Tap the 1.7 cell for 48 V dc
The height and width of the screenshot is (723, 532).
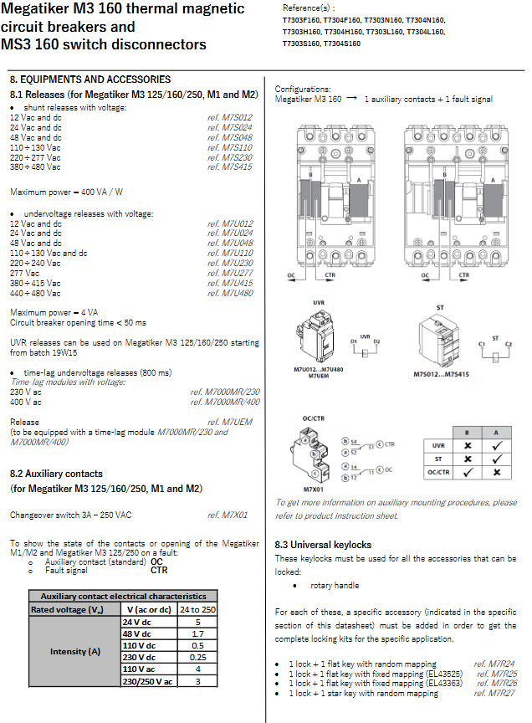point(197,634)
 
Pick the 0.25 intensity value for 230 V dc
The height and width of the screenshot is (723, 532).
point(197,658)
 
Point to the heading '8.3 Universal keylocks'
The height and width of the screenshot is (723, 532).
point(323,545)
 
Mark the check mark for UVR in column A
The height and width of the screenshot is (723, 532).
point(497,446)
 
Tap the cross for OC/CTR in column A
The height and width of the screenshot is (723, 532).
point(497,473)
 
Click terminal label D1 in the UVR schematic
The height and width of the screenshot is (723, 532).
point(354,341)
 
